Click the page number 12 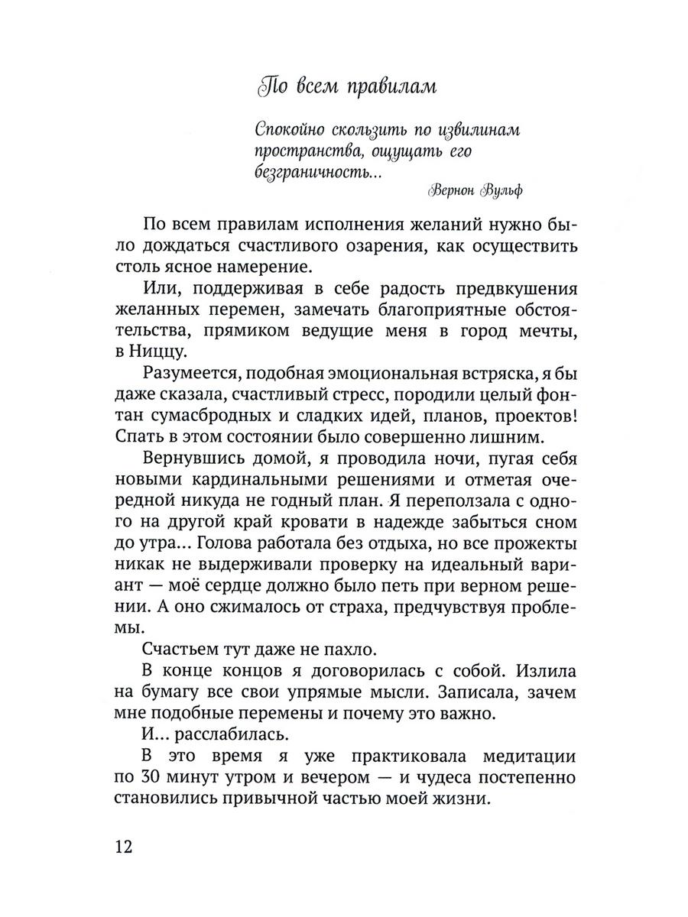click(x=124, y=847)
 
